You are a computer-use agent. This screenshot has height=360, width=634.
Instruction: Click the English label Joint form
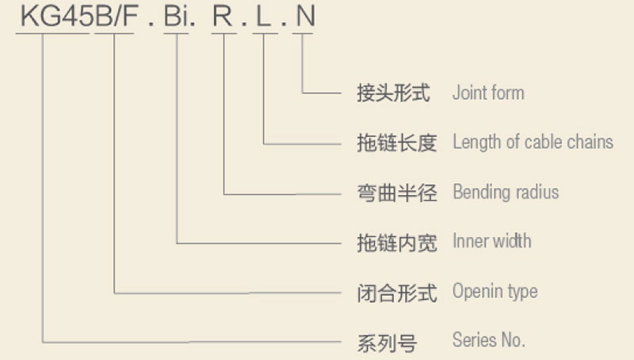point(488,93)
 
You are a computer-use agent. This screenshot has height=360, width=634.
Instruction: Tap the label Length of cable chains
point(533,142)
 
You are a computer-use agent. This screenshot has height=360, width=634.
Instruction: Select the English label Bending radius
point(506,192)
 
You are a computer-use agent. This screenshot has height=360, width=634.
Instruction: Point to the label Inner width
point(492,241)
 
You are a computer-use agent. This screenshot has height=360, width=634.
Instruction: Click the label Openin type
point(495,291)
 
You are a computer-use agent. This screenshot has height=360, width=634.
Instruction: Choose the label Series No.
point(488,341)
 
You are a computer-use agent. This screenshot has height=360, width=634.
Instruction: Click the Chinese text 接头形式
point(394,94)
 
